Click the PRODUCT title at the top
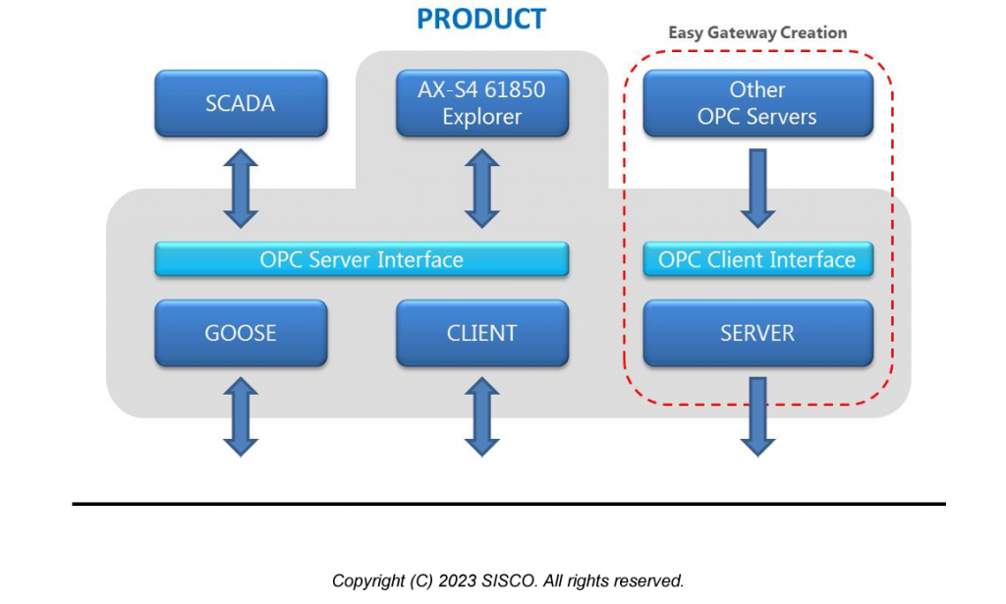[x=480, y=18]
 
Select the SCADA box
[x=241, y=103]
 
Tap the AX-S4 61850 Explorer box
[x=481, y=103]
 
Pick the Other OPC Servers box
[x=757, y=103]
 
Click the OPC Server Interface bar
[x=362, y=260]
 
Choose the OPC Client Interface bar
[x=757, y=260]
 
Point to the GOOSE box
[x=241, y=333]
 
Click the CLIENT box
[x=481, y=333]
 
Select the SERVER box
[x=757, y=333]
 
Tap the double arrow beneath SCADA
[x=241, y=189]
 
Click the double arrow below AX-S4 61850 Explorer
[x=481, y=189]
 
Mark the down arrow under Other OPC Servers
[x=757, y=189]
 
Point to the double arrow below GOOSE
[x=241, y=416]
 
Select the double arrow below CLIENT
[x=481, y=416]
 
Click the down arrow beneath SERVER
[x=757, y=416]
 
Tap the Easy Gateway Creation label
[x=757, y=32]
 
